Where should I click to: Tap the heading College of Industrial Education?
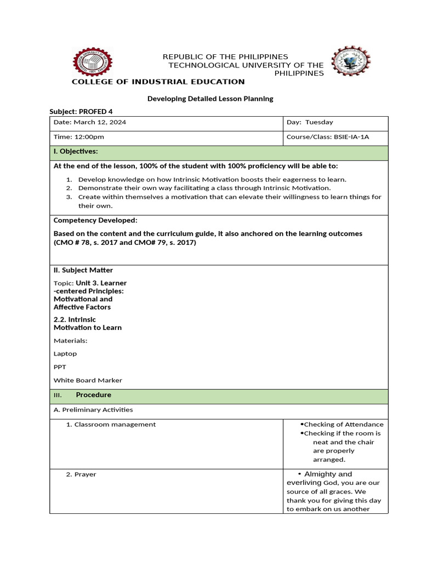click(x=158, y=82)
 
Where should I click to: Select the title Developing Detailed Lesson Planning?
click(x=210, y=99)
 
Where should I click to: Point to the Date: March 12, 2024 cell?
click(x=90, y=122)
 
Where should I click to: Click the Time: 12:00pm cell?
click(x=79, y=137)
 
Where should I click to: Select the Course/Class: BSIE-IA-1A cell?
click(x=328, y=137)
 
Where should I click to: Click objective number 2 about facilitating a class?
click(x=204, y=188)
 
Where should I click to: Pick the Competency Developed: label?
click(x=95, y=220)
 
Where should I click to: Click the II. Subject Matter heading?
click(x=83, y=270)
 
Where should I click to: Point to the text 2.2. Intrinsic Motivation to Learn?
click(x=88, y=323)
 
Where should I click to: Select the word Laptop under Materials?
click(x=65, y=354)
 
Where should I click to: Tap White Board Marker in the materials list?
click(x=88, y=380)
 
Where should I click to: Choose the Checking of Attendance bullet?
click(x=343, y=425)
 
